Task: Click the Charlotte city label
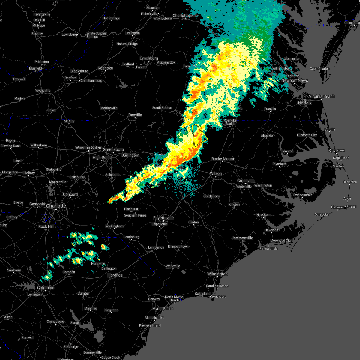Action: [56, 206]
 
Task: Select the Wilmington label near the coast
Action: [217, 274]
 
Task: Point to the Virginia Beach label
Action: [322, 97]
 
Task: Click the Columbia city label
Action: [46, 288]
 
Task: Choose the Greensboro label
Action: [113, 149]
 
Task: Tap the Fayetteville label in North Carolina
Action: [163, 218]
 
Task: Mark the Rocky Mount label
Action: [223, 159]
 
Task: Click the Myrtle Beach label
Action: [163, 309]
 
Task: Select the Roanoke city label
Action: [105, 68]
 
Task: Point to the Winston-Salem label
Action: [89, 148]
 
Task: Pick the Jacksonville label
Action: [242, 238]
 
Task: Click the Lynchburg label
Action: [149, 58]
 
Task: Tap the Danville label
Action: [135, 115]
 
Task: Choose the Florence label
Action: [115, 275]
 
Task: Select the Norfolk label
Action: [305, 103]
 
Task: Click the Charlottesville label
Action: [185, 16]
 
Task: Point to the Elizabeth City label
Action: [307, 135]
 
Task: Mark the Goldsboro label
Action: [211, 196]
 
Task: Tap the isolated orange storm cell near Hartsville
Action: [104, 247]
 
